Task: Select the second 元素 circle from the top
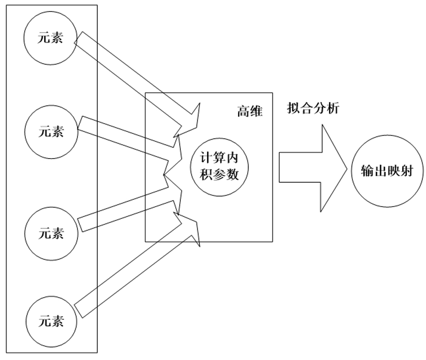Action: click(x=51, y=131)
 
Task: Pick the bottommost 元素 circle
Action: click(x=51, y=321)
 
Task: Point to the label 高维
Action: click(x=249, y=112)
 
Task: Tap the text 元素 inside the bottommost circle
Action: click(x=51, y=321)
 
